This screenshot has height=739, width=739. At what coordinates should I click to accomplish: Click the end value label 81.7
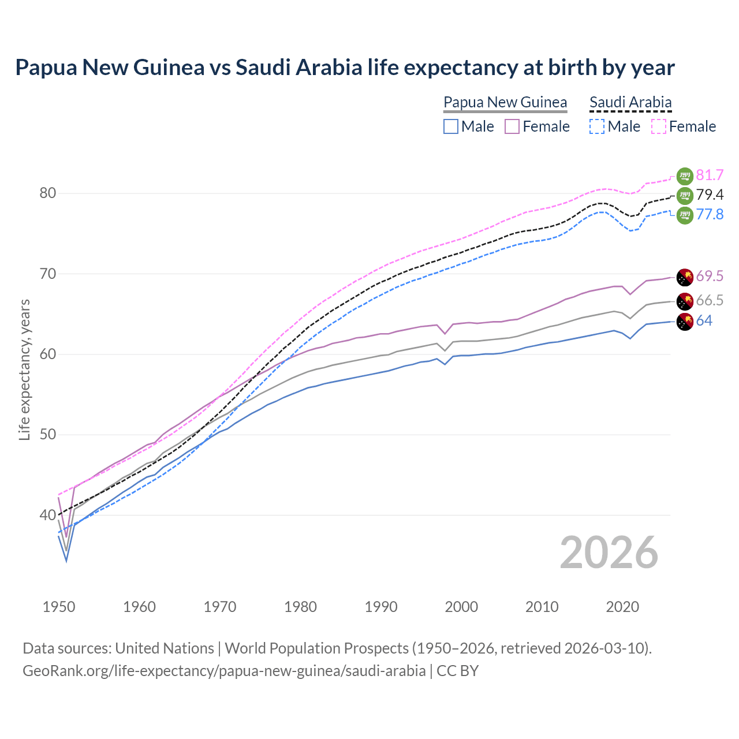(x=710, y=176)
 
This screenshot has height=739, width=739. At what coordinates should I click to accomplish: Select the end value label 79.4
(x=710, y=195)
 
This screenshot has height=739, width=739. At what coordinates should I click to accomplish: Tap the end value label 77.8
(x=710, y=215)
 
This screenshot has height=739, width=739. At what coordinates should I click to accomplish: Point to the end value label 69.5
(x=710, y=277)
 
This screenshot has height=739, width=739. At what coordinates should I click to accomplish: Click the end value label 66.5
(x=710, y=300)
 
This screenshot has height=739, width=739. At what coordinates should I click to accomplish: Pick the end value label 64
(x=704, y=321)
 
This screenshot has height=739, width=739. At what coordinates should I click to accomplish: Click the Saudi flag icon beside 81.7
(x=685, y=176)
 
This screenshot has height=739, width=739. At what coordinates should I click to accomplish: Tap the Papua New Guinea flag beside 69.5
(x=685, y=277)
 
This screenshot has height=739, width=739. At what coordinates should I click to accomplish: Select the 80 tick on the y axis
(x=48, y=193)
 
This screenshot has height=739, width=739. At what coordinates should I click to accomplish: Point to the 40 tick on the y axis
(x=48, y=515)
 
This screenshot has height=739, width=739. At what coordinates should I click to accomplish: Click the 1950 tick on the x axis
(x=59, y=607)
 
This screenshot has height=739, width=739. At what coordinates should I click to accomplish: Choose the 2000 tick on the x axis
(x=461, y=607)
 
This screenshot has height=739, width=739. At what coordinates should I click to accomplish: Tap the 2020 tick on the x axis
(x=622, y=607)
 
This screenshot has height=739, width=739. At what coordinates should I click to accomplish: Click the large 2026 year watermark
(x=609, y=553)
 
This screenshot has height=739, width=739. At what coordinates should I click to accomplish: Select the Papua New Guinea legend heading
(x=505, y=103)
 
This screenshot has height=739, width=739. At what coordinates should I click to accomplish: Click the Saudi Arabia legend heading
(x=630, y=103)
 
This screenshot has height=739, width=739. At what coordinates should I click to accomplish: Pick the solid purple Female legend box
(x=512, y=126)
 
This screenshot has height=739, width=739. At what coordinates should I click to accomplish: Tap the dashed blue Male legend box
(x=597, y=126)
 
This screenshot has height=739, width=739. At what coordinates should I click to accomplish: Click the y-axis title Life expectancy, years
(x=24, y=369)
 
